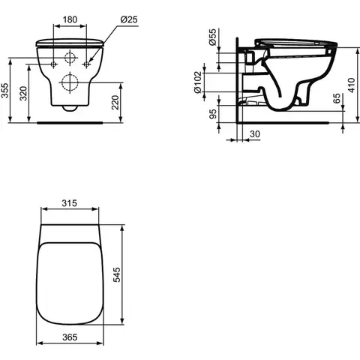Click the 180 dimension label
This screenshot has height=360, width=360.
click(x=70, y=19)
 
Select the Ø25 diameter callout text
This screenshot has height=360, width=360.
click(x=129, y=19)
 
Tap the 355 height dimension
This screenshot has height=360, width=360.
click(x=5, y=90)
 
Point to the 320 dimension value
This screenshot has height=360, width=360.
click(x=23, y=93)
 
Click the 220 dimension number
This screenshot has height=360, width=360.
click(x=115, y=102)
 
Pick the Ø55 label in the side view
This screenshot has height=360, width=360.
click(x=212, y=37)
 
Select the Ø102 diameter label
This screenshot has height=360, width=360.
click(x=198, y=82)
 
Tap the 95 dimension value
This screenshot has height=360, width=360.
click(x=213, y=114)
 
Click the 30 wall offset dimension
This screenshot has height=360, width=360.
click(x=255, y=134)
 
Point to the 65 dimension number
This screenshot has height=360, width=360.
click(x=337, y=98)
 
